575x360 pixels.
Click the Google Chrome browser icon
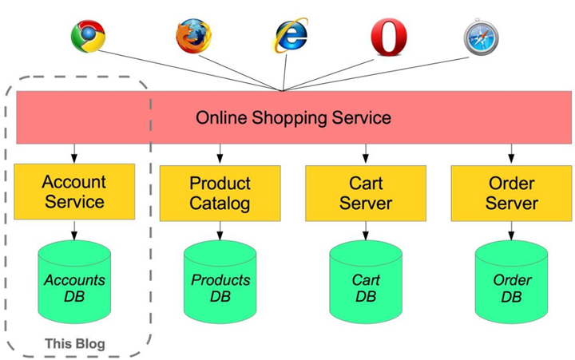click(88, 36)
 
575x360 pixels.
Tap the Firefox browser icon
click(193, 36)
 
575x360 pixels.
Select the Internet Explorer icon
click(291, 35)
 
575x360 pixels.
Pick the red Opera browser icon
click(389, 38)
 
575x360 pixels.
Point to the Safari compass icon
click(481, 38)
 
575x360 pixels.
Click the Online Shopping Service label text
click(293, 117)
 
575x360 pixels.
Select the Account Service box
click(74, 192)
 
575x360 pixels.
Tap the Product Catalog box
click(220, 193)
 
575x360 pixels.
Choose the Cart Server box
click(366, 193)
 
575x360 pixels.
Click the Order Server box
click(511, 193)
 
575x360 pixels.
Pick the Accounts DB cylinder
click(74, 282)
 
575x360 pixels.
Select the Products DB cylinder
click(220, 282)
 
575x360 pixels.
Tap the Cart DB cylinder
click(366, 282)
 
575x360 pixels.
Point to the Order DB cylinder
click(511, 282)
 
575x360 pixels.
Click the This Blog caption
click(75, 344)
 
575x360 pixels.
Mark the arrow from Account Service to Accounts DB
click(74, 230)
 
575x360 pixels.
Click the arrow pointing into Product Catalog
click(220, 153)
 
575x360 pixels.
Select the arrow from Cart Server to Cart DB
click(366, 231)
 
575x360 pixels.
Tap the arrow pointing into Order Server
click(511, 153)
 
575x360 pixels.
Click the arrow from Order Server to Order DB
click(511, 231)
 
